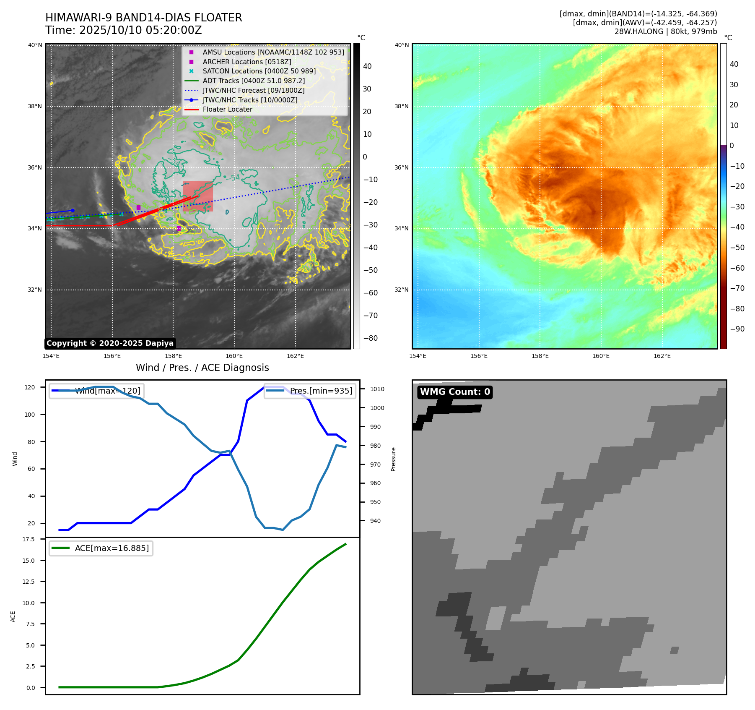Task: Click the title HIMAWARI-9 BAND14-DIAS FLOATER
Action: coord(143,18)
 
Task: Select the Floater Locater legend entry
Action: coord(227,110)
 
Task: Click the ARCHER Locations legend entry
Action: coord(246,62)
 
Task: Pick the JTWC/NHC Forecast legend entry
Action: coord(253,90)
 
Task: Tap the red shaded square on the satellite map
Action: coord(198,196)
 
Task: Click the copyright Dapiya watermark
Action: coord(110,343)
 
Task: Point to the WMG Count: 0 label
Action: coord(455,392)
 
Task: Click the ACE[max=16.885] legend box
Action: coord(101,548)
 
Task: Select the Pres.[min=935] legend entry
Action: coord(310,391)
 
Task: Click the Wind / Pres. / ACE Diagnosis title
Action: coord(202,368)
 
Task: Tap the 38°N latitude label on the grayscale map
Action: coord(35,106)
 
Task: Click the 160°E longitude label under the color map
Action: coord(601,356)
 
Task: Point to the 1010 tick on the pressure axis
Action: coord(377,389)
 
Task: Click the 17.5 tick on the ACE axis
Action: coord(29,539)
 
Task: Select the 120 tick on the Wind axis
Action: coord(30,387)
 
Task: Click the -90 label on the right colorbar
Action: coord(737,329)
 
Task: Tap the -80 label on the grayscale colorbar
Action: coord(370,338)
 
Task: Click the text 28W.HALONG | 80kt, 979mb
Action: coord(666,31)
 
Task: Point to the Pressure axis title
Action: coord(393,459)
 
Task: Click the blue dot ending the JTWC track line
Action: coord(73,211)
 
